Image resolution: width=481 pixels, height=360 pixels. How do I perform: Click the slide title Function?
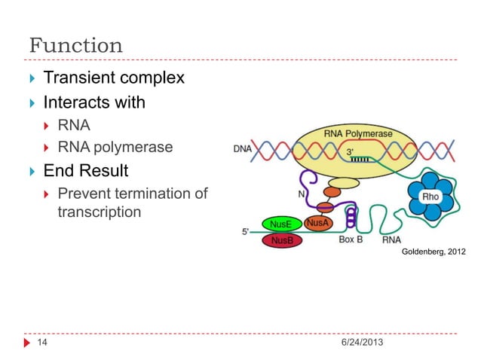(x=75, y=45)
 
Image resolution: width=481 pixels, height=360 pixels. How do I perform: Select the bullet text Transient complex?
(x=113, y=78)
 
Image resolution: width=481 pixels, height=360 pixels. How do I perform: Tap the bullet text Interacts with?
(x=94, y=102)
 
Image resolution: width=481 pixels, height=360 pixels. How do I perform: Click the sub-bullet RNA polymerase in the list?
(x=115, y=148)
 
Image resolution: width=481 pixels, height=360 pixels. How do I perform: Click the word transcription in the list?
(x=99, y=212)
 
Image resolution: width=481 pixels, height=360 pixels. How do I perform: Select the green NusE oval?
(x=281, y=224)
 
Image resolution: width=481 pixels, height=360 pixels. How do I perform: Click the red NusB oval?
(x=281, y=241)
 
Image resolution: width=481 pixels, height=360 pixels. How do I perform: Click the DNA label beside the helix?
(x=242, y=149)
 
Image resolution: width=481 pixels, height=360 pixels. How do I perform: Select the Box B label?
(x=351, y=240)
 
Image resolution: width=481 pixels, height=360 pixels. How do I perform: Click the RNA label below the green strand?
(x=391, y=240)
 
